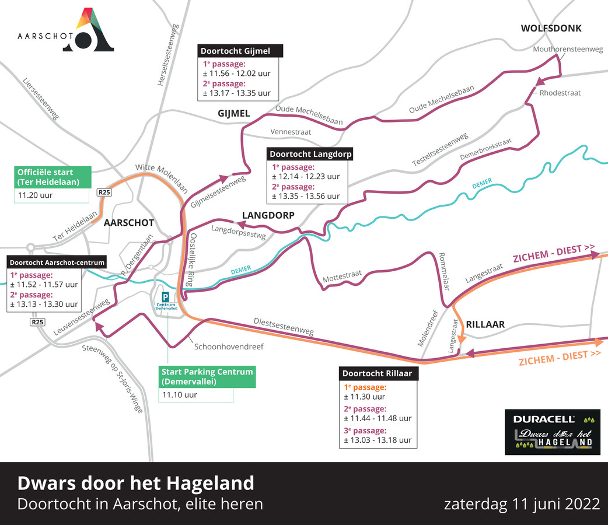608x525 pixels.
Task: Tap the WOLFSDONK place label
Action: point(551,28)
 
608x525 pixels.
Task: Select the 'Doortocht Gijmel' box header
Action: point(240,51)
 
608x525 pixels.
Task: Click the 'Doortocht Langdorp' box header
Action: point(310,154)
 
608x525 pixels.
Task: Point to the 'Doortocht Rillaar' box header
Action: point(379,373)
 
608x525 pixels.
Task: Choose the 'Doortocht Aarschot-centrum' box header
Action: point(57,262)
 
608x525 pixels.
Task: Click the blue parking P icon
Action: point(165,296)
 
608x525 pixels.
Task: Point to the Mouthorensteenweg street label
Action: point(568,50)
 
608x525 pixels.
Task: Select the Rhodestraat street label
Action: point(560,93)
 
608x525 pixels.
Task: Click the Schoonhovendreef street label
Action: point(229,346)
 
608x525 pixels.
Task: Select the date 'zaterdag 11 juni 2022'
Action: point(522,503)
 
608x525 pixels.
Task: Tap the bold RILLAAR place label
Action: point(485,324)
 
